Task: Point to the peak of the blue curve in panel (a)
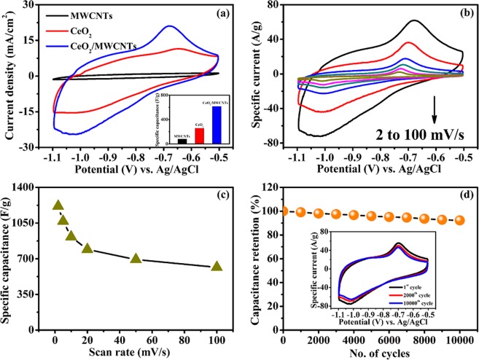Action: (169, 26)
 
